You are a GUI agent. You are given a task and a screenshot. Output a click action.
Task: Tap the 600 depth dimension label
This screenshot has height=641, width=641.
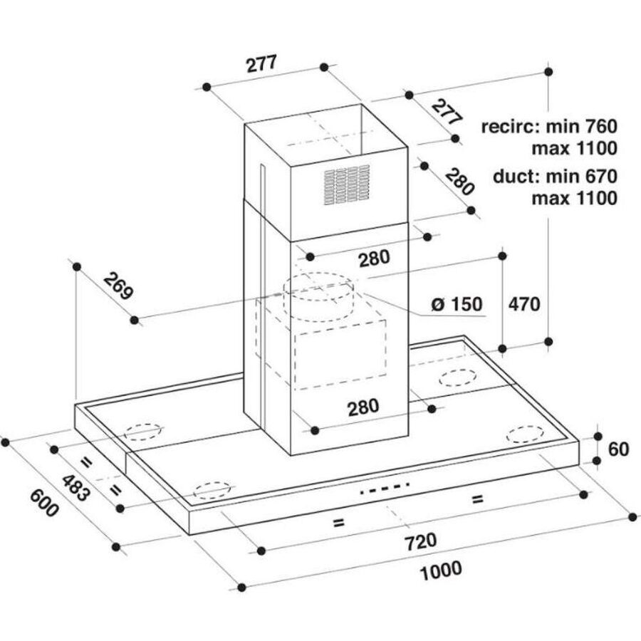(42, 503)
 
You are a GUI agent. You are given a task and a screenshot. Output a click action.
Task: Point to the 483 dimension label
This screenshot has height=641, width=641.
(74, 487)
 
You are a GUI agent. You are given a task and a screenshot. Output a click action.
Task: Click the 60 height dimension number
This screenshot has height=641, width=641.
(619, 449)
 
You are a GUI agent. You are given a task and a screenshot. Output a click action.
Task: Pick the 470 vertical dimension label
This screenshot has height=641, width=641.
(523, 304)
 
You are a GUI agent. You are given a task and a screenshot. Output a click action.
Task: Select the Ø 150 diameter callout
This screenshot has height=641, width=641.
(457, 305)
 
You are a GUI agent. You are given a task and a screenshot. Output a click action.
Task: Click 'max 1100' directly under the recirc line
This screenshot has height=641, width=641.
(574, 149)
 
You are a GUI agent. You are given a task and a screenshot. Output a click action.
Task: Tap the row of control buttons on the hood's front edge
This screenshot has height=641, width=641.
(385, 489)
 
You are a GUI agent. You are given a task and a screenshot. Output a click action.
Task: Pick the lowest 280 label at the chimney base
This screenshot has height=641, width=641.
(363, 407)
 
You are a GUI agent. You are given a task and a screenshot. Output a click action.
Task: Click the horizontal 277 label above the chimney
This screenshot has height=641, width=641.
(261, 64)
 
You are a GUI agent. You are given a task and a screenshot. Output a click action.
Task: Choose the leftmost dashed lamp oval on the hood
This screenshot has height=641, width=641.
(143, 432)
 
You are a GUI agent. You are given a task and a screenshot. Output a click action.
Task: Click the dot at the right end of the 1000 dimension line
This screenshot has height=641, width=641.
(632, 516)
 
